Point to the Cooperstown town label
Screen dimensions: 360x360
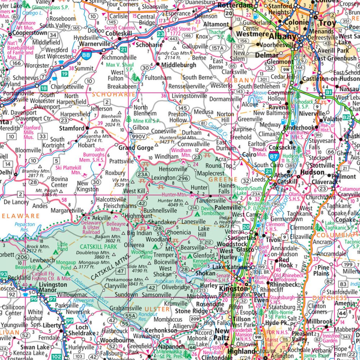[x=30, y=33]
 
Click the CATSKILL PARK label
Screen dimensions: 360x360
[x=95, y=247]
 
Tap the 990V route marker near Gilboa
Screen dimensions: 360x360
[x=138, y=137]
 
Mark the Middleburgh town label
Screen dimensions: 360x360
[x=179, y=65]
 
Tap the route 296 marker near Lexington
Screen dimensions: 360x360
[x=184, y=178]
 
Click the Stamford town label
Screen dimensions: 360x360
[x=72, y=128]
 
